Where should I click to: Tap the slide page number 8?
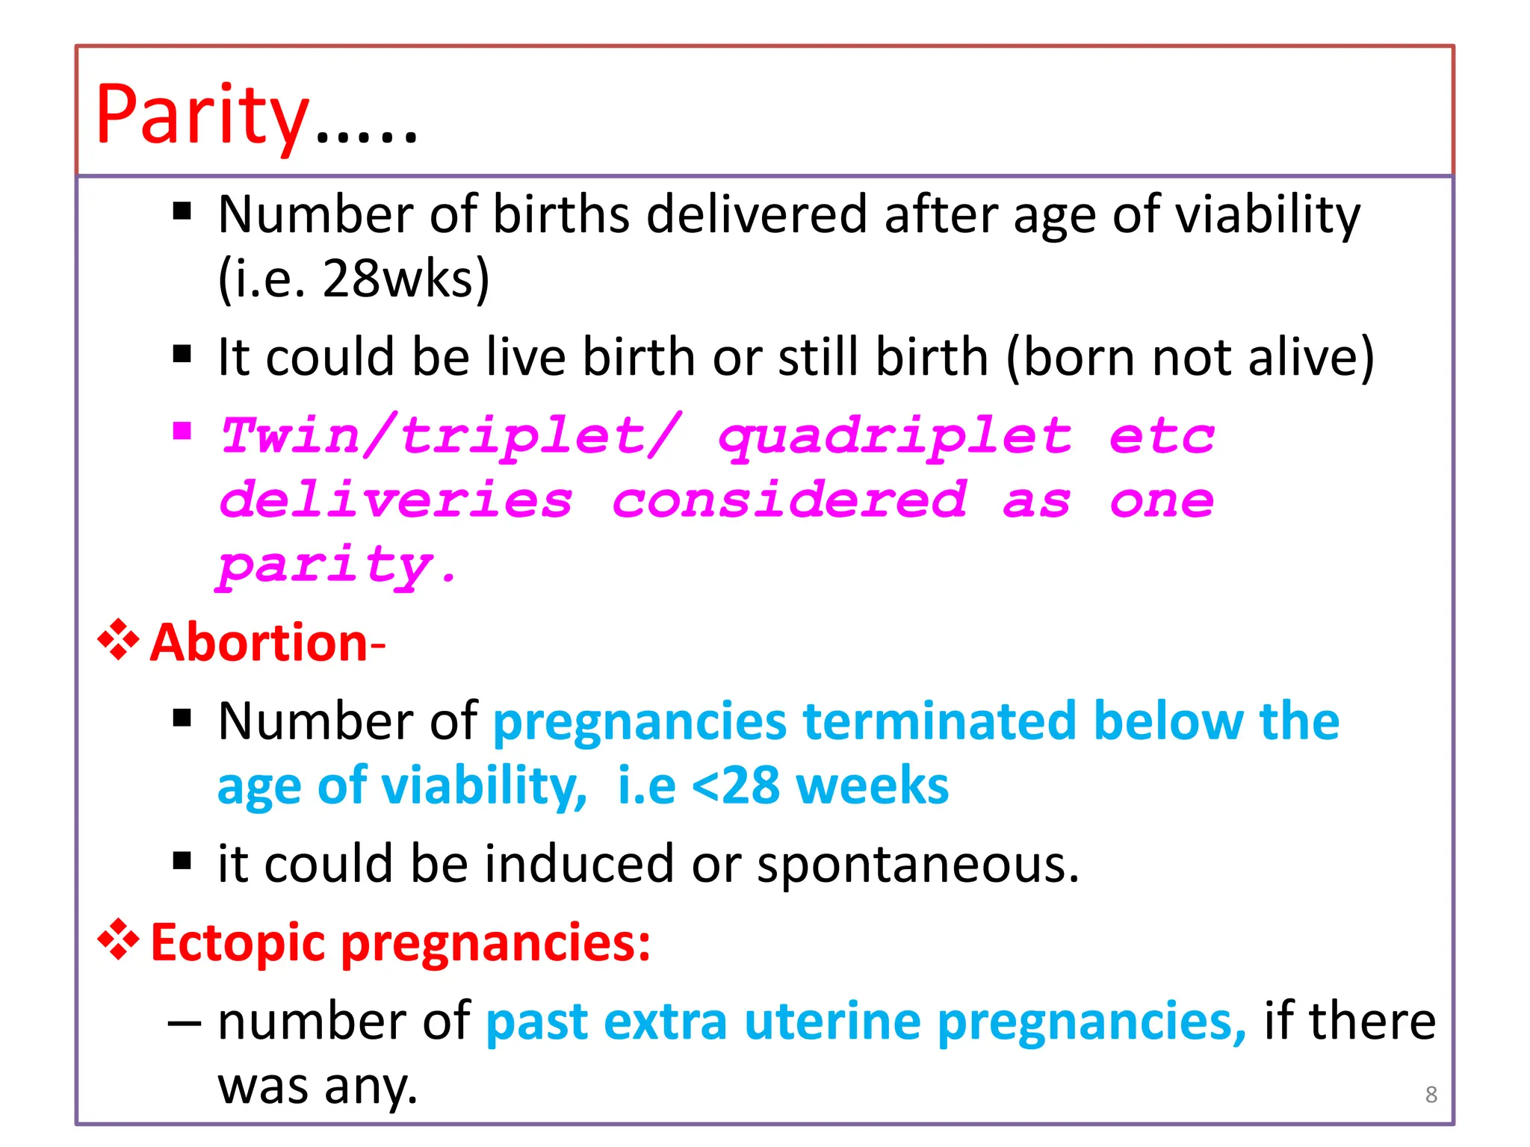pyautogui.click(x=1431, y=1094)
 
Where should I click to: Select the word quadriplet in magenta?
pyautogui.click(x=895, y=437)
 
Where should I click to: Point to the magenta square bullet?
pyautogui.click(x=182, y=431)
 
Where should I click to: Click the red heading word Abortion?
pyautogui.click(x=258, y=643)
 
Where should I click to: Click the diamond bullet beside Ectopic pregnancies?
pyautogui.click(x=118, y=940)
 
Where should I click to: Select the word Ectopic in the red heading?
pyautogui.click(x=237, y=943)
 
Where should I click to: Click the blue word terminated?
pyautogui.click(x=939, y=721)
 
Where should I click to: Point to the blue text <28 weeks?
pyautogui.click(x=820, y=786)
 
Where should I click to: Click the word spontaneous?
pyautogui.click(x=917, y=864)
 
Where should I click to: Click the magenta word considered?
pyautogui.click(x=789, y=500)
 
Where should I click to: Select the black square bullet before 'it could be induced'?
pyautogui.click(x=182, y=861)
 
